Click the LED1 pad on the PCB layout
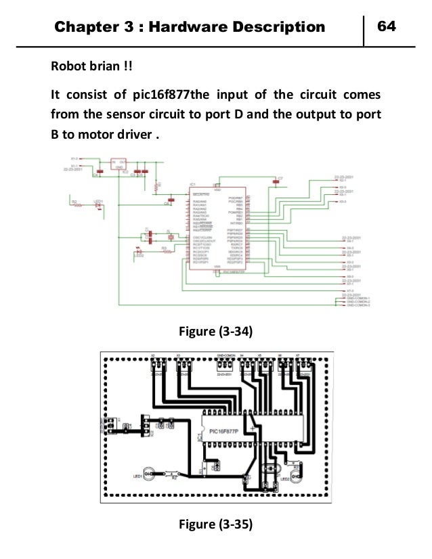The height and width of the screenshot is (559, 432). tap(150, 474)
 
